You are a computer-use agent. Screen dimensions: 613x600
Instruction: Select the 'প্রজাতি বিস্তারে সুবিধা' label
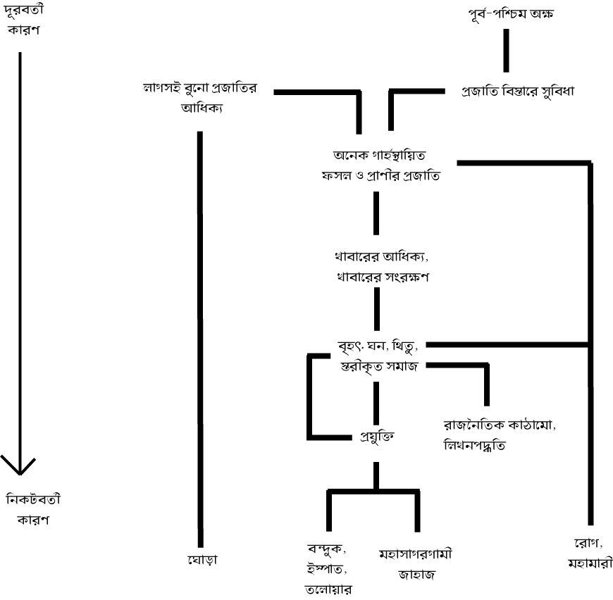518,92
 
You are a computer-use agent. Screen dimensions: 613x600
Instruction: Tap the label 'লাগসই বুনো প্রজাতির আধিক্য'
202,98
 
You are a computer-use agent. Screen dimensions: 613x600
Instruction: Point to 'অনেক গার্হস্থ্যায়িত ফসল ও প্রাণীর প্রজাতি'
378,165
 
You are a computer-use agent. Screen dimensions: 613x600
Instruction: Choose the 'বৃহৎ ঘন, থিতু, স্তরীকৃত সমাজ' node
378,356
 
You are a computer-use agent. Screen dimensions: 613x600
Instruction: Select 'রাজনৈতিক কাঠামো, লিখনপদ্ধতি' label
486,435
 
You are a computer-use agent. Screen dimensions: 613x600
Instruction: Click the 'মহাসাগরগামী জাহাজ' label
415,563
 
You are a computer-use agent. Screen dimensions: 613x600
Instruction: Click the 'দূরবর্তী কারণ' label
23,21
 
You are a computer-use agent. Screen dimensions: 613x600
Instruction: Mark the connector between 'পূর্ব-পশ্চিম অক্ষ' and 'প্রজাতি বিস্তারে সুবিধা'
505,51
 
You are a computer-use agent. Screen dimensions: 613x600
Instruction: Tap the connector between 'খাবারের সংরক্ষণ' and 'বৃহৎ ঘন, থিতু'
376,308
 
